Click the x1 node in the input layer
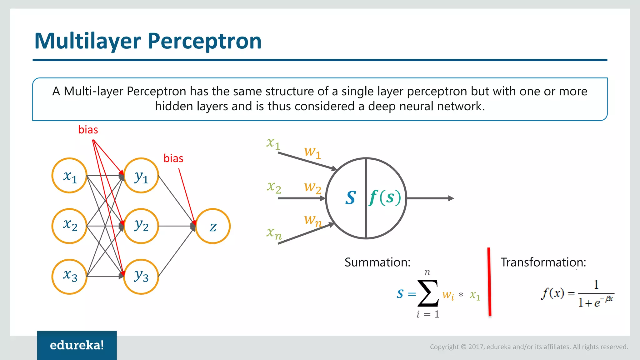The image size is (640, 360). coord(69,176)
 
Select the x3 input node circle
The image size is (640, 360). coord(69,277)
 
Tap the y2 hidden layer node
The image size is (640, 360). coord(141,226)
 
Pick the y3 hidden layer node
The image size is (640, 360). coord(141,277)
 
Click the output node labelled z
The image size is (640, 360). coord(213,226)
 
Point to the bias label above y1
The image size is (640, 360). coord(88,130)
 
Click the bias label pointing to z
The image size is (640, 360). coord(173,158)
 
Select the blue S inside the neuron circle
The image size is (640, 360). coord(350,198)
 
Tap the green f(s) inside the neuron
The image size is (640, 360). coord(385,198)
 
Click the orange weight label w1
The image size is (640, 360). coord(312,152)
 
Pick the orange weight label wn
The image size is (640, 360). coord(313,220)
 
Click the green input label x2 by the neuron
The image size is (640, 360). coord(274,187)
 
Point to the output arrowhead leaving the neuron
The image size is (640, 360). coord(451,198)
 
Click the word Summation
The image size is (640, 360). coord(377,262)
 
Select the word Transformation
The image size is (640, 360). coord(543,262)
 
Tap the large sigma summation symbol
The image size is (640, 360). coord(428,293)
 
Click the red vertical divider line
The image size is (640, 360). coord(489,281)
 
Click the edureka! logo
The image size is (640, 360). coord(77,345)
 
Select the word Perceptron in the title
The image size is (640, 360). coord(204,41)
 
